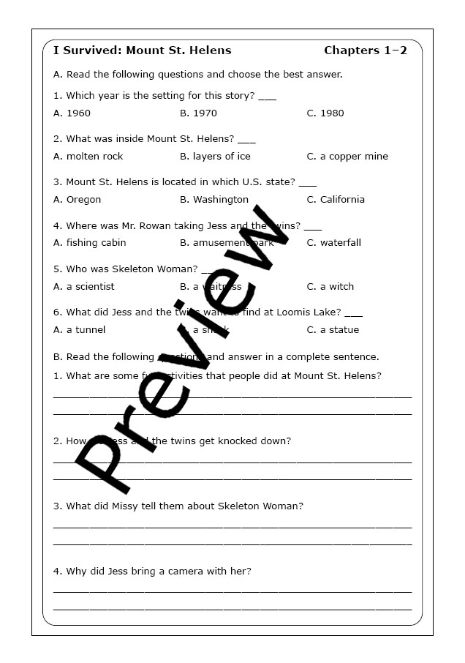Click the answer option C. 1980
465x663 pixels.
325,113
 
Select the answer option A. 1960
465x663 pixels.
72,113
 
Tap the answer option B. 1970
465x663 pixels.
199,113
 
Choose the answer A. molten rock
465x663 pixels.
88,157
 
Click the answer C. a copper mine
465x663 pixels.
347,157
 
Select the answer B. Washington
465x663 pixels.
214,200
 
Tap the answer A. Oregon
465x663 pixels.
77,200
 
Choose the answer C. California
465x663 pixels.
336,200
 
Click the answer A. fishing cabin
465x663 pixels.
90,243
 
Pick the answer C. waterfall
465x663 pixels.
334,243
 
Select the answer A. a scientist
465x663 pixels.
84,287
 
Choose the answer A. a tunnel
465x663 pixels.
80,330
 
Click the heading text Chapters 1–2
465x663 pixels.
366,50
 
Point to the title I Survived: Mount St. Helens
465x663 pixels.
143,50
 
